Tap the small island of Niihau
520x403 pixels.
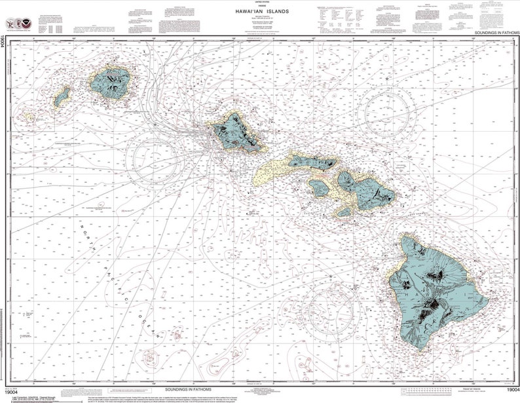[x=62, y=98]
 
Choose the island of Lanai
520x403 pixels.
[x=320, y=188]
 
